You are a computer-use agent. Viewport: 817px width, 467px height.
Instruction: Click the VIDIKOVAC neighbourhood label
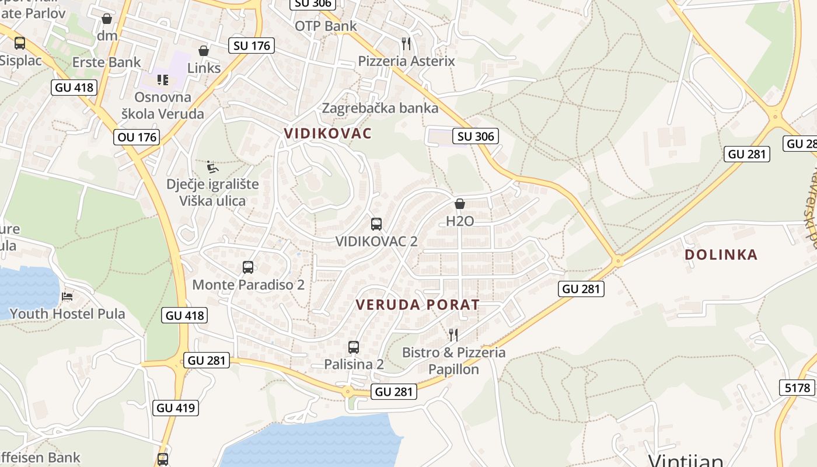coord(327,133)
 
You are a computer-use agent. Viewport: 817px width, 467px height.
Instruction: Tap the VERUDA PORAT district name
coord(417,305)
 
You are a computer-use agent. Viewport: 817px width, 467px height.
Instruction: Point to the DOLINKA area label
coord(721,255)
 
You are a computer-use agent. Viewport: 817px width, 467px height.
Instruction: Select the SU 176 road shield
coord(251,46)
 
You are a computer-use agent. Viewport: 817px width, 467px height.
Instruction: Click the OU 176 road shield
coord(137,137)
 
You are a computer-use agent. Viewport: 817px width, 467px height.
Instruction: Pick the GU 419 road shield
coord(176,407)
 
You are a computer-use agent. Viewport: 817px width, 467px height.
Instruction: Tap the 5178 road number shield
coord(797,388)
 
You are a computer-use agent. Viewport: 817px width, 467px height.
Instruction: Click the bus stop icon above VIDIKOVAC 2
coord(376,224)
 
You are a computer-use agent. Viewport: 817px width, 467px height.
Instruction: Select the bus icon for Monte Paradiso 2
coord(248,267)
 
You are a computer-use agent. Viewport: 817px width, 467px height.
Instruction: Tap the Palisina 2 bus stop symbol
coord(354,347)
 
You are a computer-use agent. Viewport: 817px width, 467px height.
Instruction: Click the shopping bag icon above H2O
coord(460,204)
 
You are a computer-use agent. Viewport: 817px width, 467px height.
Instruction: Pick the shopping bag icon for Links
coord(204,51)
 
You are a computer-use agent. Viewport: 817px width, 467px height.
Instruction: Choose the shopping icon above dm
coord(107,19)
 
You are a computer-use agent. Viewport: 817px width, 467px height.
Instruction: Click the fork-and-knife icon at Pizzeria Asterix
coord(406,43)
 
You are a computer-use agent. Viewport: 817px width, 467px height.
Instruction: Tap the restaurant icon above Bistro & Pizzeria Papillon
coord(453,334)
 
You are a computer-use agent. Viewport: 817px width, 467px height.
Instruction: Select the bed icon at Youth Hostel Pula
coord(67,297)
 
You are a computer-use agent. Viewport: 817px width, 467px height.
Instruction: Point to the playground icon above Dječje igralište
coord(213,167)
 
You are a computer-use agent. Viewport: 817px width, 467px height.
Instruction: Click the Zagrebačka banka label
coord(380,108)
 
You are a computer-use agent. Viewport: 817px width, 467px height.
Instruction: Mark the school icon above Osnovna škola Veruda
coord(162,79)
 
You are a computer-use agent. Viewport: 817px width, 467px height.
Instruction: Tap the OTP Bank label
coord(326,26)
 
